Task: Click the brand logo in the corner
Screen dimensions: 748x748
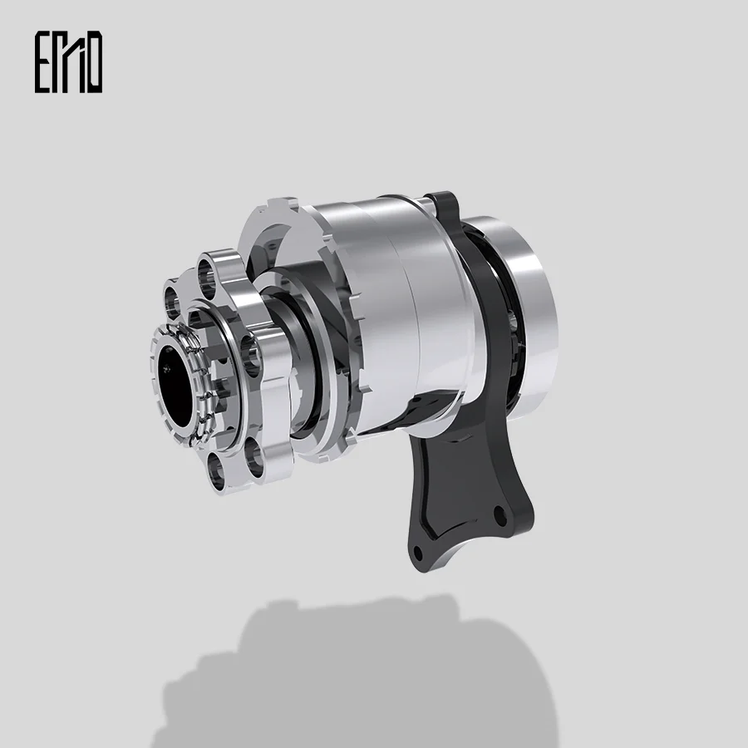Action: point(68,62)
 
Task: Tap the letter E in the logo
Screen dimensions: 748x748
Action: point(43,62)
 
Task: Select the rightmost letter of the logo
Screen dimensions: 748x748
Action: point(93,62)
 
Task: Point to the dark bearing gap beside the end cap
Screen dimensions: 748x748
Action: point(490,332)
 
